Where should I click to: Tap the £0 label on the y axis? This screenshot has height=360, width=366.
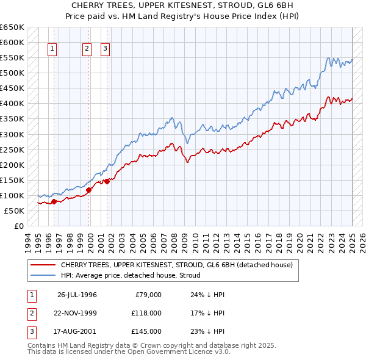(19, 226)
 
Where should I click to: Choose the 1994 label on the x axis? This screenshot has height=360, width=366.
(27, 240)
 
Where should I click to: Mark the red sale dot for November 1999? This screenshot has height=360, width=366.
(88, 190)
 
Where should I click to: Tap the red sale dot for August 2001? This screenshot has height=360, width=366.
(107, 181)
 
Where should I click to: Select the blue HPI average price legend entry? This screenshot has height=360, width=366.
(131, 275)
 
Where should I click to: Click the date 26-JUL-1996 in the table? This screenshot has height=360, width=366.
(77, 295)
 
